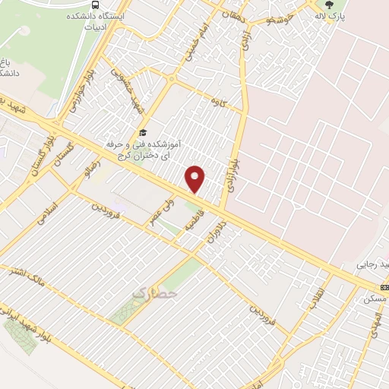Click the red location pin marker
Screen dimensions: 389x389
pyautogui.click(x=196, y=179)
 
